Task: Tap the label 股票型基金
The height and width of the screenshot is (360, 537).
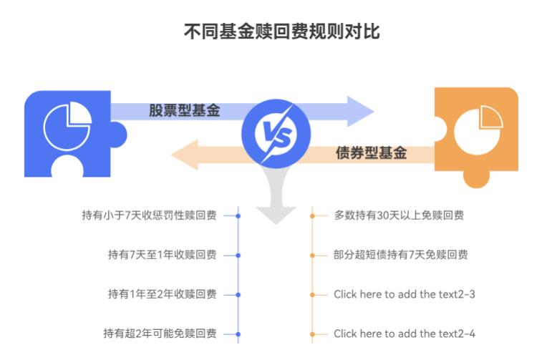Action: point(184,112)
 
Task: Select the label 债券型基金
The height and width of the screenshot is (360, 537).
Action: point(371,152)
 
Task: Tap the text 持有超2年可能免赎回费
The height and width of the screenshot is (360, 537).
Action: point(159,334)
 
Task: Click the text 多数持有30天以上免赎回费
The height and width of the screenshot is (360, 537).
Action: point(399,215)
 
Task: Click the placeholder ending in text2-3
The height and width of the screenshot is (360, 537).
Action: point(405,294)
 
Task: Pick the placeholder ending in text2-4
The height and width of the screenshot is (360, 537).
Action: point(405,334)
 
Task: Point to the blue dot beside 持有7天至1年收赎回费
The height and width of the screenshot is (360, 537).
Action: point(238,255)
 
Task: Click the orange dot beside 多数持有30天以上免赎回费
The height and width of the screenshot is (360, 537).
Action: point(313,215)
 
